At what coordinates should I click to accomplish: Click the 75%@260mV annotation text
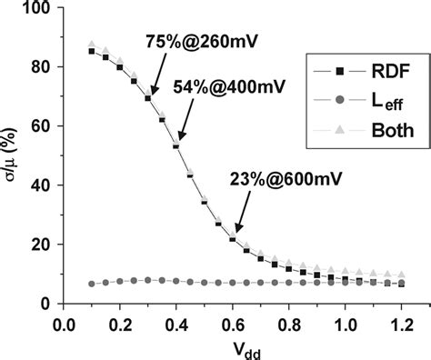(194, 42)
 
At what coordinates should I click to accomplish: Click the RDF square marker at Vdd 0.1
(92, 51)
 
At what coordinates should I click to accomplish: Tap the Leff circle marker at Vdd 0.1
(92, 284)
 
